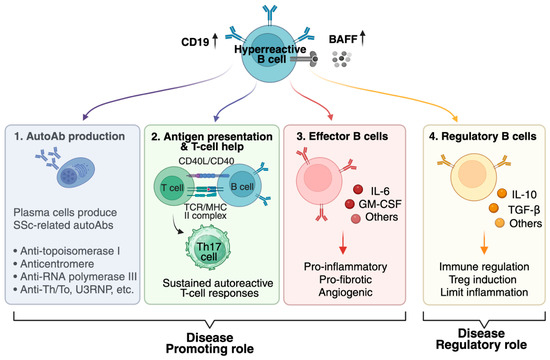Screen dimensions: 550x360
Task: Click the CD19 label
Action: coord(195,42)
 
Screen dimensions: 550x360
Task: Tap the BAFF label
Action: coord(343,39)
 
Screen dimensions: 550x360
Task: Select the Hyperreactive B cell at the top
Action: coord(269,55)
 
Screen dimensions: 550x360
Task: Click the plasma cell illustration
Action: coord(76,172)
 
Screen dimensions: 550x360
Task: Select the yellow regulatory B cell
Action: coord(474,177)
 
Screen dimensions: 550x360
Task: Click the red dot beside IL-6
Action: coord(358,189)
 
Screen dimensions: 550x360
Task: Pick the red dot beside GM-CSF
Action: coord(350,204)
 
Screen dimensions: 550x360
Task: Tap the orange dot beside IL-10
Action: coord(502,193)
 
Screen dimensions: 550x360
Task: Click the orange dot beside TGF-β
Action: coord(494,208)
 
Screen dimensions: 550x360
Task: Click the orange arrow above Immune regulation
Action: coord(484,242)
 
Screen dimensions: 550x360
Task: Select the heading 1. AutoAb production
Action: coord(69,136)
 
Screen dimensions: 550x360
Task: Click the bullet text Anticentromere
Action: coord(57,264)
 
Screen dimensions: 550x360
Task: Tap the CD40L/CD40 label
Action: coord(206,161)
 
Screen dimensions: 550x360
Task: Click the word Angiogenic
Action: coord(346,292)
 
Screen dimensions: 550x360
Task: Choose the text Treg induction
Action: coord(483,279)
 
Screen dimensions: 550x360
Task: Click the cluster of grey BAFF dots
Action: coord(341,59)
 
